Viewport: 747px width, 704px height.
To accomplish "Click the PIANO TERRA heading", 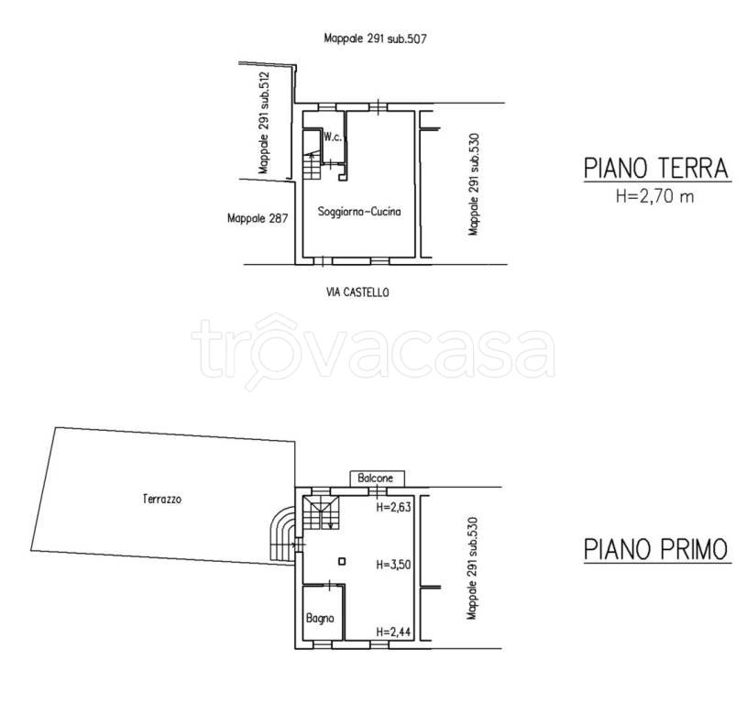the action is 656,168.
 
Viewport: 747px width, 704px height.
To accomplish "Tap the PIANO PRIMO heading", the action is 656,549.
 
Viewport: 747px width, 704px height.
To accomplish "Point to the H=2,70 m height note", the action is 655,196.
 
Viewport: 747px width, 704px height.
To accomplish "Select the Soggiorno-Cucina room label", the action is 359,212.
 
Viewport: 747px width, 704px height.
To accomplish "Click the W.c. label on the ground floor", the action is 333,137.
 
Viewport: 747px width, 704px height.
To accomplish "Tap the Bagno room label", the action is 320,618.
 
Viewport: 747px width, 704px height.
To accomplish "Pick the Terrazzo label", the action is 162,499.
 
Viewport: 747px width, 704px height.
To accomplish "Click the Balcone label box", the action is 378,478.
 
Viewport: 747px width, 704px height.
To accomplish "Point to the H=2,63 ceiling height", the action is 393,507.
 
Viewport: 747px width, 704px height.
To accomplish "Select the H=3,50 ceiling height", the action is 393,565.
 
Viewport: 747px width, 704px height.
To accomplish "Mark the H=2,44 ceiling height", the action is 393,632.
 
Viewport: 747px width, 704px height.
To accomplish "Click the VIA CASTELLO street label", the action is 357,292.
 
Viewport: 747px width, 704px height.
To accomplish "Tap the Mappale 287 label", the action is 258,218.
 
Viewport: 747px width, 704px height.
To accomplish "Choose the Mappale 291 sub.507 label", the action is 375,38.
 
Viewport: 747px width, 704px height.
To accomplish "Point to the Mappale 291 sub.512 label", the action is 263,123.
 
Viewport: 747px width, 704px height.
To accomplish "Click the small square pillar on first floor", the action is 342,562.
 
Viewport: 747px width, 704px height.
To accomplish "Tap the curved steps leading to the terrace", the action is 283,533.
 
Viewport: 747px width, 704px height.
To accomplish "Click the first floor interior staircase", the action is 321,512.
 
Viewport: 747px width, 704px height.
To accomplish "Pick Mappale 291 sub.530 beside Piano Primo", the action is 472,568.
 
